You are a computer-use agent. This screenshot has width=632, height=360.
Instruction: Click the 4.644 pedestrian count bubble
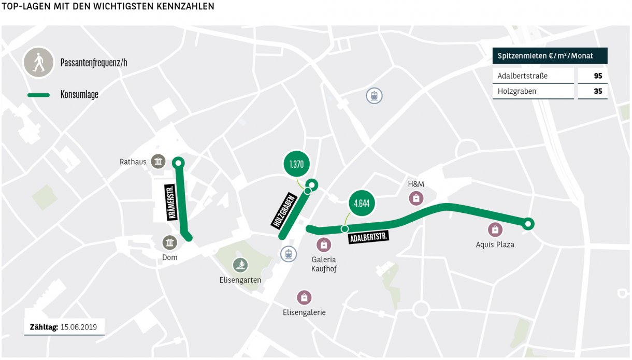click(361, 203)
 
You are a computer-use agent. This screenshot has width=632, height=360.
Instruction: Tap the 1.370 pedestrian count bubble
click(296, 165)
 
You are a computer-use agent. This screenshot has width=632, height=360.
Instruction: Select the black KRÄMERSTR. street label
click(171, 202)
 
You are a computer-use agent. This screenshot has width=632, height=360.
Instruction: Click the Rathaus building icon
click(158, 162)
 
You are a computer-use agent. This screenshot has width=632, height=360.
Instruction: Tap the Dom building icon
click(169, 242)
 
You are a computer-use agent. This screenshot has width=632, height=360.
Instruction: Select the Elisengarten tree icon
click(240, 265)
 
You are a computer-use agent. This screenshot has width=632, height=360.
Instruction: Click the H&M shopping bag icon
click(415, 198)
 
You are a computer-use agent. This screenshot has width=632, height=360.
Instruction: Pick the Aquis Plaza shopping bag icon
click(495, 229)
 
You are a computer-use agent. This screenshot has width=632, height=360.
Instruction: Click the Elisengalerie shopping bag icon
click(304, 297)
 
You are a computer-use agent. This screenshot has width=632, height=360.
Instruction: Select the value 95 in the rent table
click(598, 76)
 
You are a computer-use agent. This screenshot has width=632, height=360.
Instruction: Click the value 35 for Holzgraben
click(598, 91)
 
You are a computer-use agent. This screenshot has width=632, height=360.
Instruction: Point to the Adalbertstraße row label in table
click(522, 76)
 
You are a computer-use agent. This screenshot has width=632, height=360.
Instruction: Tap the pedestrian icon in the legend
click(38, 63)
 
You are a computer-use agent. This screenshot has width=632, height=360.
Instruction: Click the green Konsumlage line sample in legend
click(38, 95)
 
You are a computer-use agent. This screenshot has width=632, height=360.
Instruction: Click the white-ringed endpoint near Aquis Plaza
click(527, 224)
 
